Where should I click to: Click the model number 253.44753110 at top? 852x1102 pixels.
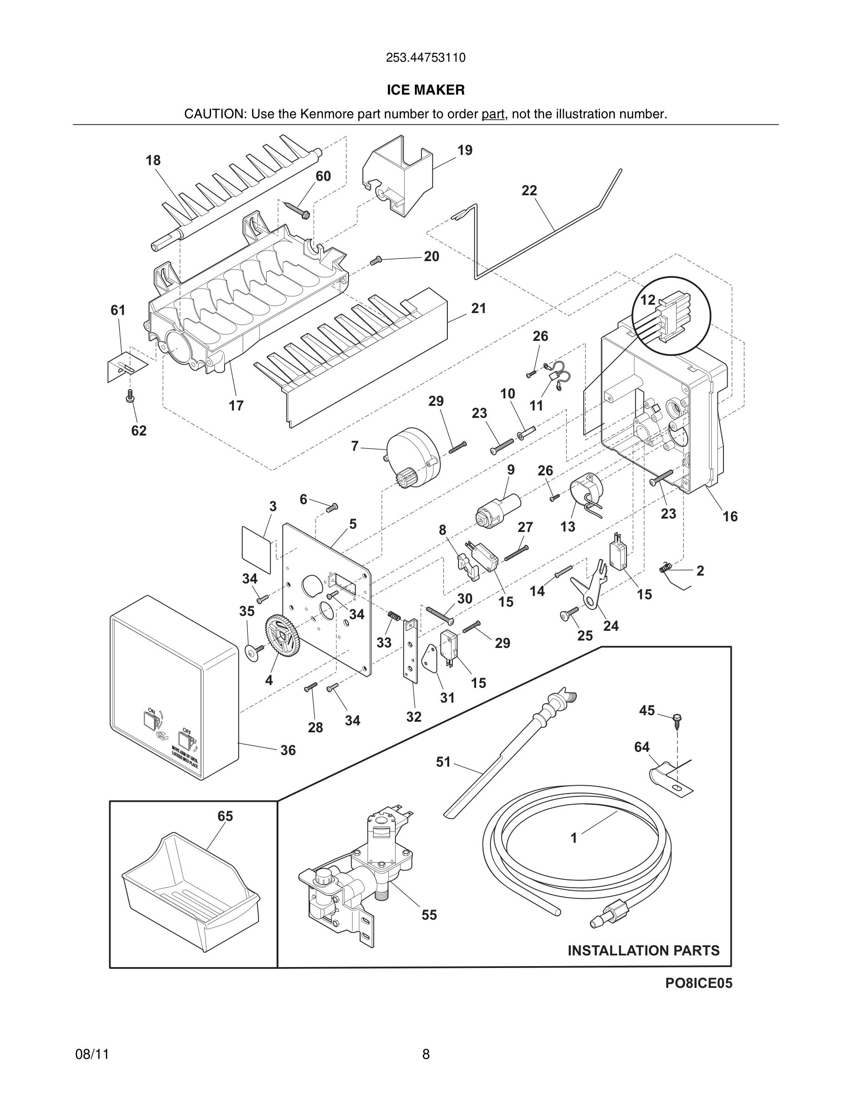click(x=426, y=58)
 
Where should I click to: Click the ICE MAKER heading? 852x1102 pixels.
click(x=426, y=90)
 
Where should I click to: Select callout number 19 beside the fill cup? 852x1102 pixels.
click(x=465, y=150)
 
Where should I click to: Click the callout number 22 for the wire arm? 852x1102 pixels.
click(x=529, y=191)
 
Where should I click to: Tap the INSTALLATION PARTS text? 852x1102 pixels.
click(x=644, y=951)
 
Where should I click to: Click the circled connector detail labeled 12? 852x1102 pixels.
click(x=671, y=316)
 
